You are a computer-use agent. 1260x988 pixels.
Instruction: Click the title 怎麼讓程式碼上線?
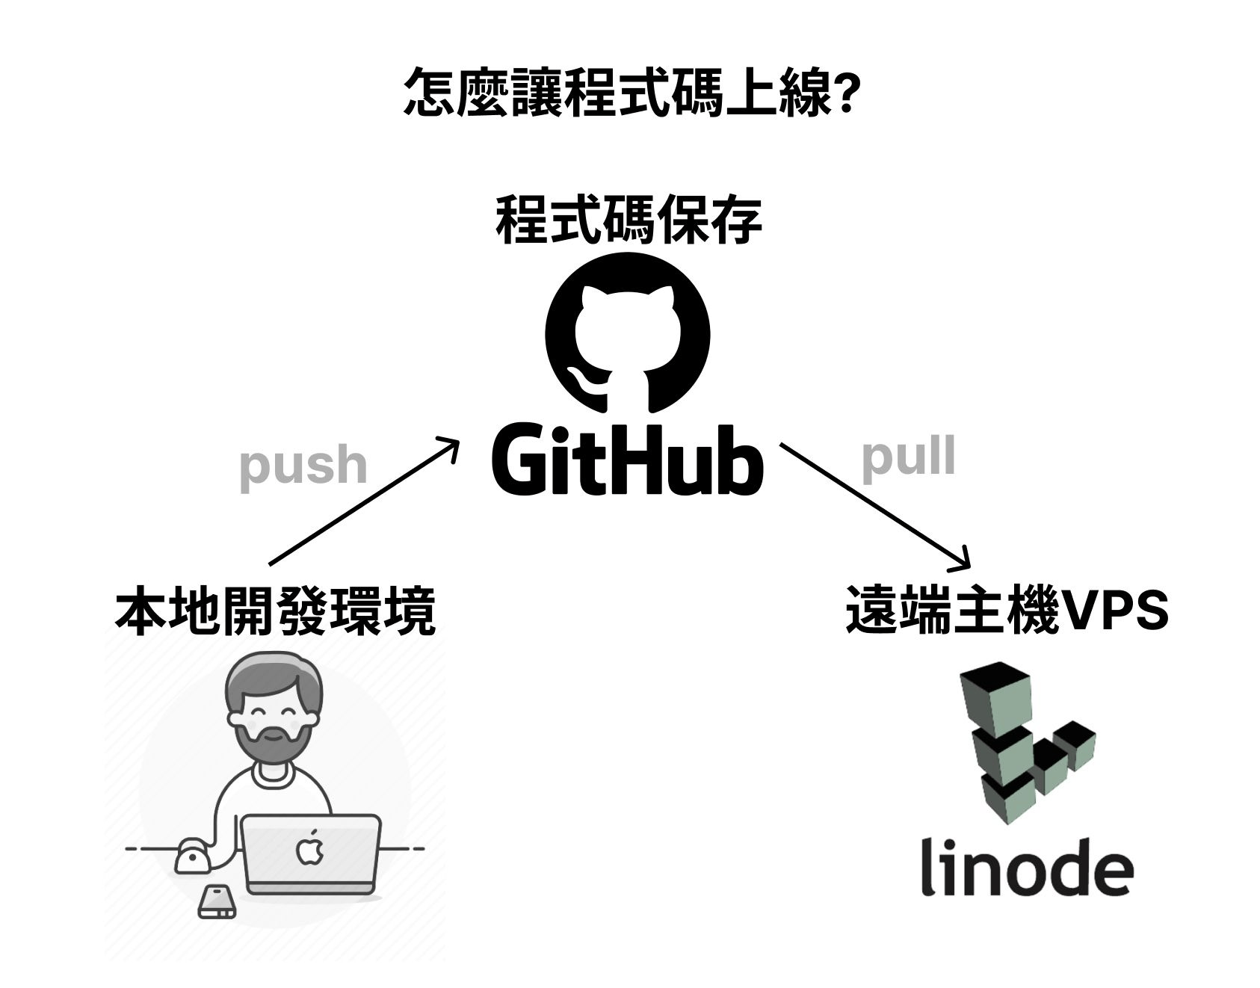[x=629, y=92]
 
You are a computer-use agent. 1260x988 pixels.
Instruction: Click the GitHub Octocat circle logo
[x=628, y=333]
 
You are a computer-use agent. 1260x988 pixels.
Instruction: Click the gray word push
[x=303, y=466]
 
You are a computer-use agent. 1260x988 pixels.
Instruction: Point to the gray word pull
[x=908, y=457]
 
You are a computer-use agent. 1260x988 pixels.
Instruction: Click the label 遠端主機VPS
[x=1007, y=610]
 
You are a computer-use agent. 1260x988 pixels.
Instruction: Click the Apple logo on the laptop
[x=308, y=850]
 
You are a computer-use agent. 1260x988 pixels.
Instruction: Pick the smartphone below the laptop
[x=217, y=902]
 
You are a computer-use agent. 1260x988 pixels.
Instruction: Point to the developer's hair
[x=275, y=676]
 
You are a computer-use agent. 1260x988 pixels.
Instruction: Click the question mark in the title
[x=843, y=92]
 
